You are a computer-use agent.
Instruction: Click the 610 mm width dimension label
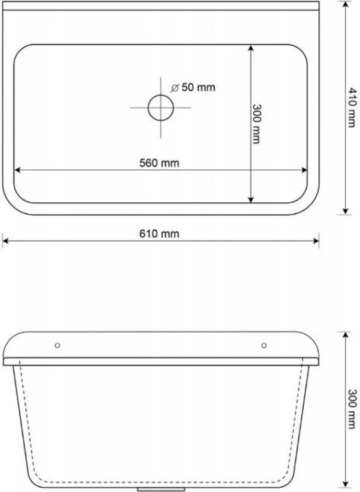click(x=159, y=234)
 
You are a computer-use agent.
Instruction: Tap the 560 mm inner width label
click(x=159, y=163)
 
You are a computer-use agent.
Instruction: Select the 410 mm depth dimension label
click(x=352, y=107)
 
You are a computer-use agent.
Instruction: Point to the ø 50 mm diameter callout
click(x=193, y=87)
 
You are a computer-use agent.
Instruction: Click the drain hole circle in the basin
click(x=161, y=108)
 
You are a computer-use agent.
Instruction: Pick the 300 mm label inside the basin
click(x=257, y=124)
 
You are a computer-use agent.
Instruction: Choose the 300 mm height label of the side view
click(x=352, y=409)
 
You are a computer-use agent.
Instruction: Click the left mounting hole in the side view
click(x=58, y=345)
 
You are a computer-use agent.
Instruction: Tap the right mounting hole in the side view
click(x=264, y=345)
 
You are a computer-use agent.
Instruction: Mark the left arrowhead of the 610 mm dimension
click(x=5, y=241)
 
